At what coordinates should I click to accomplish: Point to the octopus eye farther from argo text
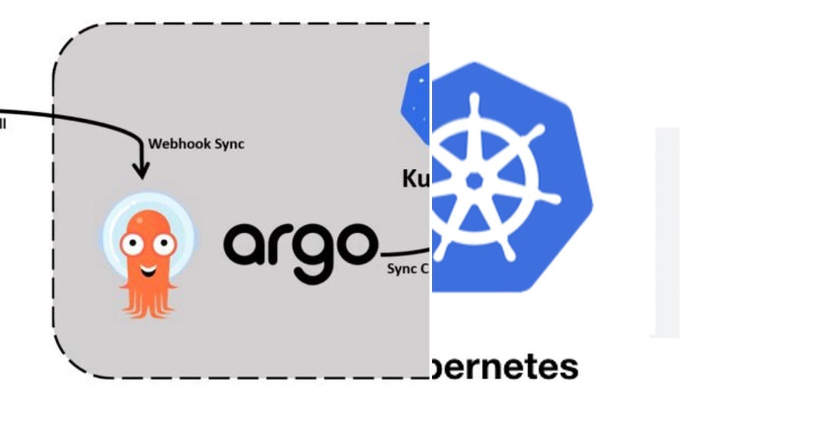point(130,242)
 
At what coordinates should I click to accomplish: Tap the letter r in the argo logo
point(279,244)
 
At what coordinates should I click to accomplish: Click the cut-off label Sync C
point(407,268)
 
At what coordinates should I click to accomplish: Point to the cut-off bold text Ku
point(415,178)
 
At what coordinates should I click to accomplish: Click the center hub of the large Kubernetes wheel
point(476,180)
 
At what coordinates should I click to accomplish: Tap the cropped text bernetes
point(504,366)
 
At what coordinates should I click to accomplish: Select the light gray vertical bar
point(667,232)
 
